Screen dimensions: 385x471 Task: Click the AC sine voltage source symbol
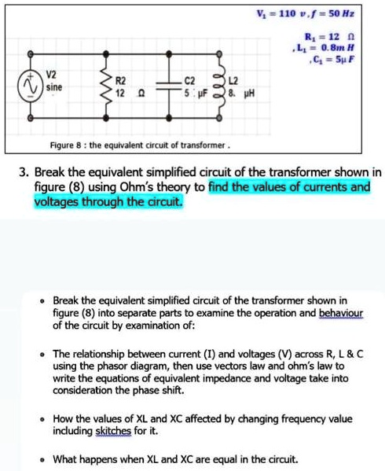[x=32, y=86]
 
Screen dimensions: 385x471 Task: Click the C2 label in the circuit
[x=189, y=80]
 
